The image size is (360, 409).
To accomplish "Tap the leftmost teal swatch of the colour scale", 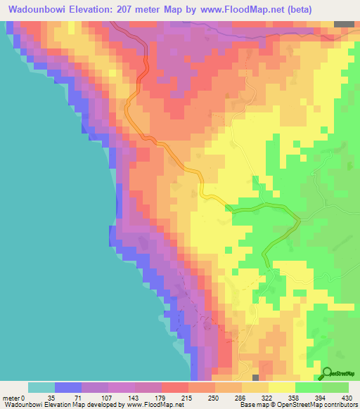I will tap(41, 387).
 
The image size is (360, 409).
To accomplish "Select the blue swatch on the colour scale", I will tap(68, 387).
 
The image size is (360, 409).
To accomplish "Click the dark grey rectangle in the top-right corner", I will tap(344, 24).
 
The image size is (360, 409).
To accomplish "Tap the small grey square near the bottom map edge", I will tap(255, 378).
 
